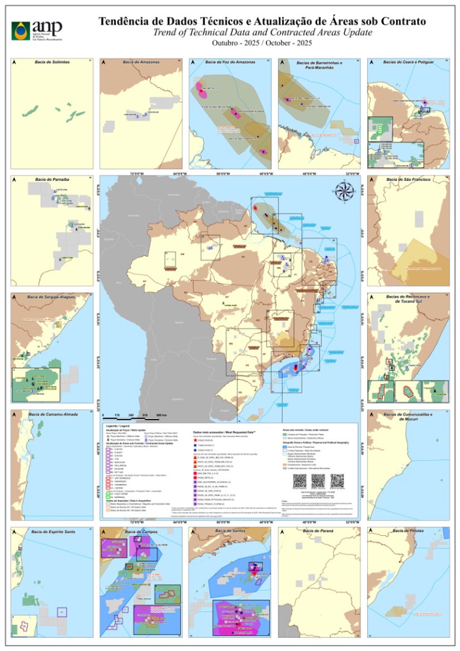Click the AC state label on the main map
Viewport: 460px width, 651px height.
coord(144,281)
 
